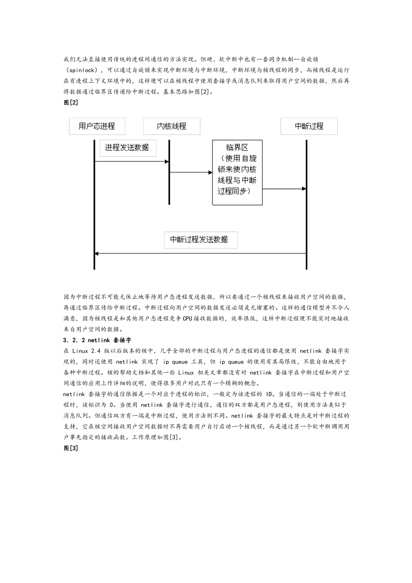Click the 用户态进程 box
pos(97,126)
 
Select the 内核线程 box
pos(171,126)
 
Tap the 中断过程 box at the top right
pos(309,126)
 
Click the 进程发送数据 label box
pos(128,147)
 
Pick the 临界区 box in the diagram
pos(237,172)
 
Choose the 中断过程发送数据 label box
pos(200,239)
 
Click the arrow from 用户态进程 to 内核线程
pos(131,162)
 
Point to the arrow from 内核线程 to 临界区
pos(191,173)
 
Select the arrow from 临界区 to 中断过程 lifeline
pos(284,189)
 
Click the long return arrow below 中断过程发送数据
pos(200,253)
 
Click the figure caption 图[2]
pos(71,102)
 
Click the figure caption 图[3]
pos(71,448)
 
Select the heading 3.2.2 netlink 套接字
pos(97,340)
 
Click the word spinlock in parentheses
pos(82,70)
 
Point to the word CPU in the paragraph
pos(187,318)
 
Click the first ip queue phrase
pos(175,362)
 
